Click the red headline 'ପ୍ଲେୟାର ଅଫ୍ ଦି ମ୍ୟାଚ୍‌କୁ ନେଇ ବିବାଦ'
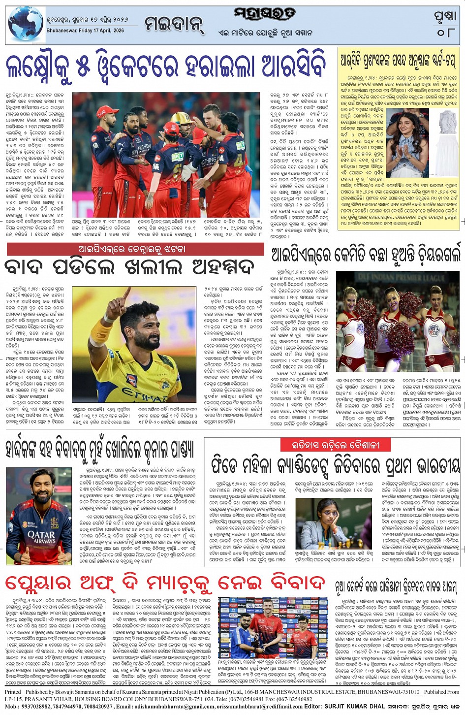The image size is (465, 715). pos(166,583)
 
